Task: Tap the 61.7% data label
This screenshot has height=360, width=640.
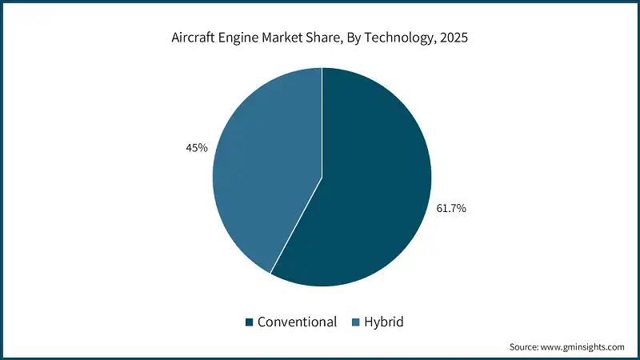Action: (451, 208)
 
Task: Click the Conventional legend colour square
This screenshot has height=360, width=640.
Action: (250, 322)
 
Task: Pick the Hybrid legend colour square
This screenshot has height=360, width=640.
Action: (356, 322)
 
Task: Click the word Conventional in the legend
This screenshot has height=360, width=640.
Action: (296, 322)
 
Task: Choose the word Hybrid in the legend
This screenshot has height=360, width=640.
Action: (384, 322)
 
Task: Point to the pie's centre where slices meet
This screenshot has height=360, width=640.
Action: (322, 177)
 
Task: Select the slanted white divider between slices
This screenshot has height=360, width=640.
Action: (296, 225)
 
